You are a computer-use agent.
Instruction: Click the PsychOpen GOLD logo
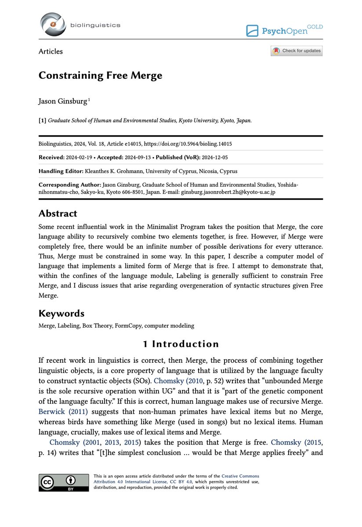[x=284, y=30]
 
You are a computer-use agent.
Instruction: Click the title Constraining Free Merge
[x=100, y=75]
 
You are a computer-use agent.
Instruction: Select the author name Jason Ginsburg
[x=63, y=102]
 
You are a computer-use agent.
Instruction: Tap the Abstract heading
[x=58, y=213]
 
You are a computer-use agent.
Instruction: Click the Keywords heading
[x=61, y=313]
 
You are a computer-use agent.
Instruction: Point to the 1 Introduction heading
[x=181, y=343]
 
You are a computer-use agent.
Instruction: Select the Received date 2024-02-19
[x=79, y=157]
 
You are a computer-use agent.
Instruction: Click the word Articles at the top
[x=51, y=51]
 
